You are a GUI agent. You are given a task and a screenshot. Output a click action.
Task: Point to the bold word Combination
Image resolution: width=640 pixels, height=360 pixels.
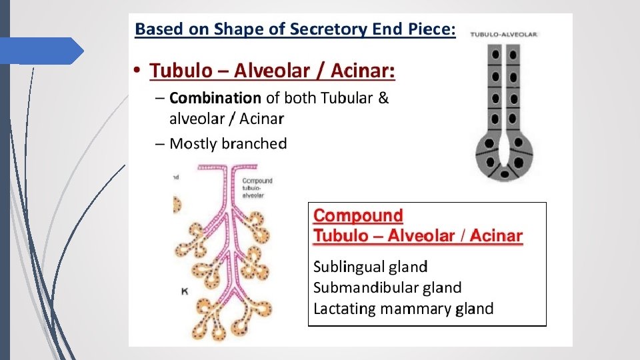215,99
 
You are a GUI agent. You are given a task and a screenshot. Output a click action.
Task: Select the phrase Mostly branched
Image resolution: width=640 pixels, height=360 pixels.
228,143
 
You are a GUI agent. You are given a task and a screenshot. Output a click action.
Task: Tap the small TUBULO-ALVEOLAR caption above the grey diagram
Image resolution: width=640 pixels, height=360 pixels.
505,34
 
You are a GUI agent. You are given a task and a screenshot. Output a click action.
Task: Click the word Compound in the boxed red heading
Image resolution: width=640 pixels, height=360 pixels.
359,216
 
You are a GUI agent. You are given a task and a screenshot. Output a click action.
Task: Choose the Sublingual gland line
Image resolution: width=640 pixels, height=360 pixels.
371,267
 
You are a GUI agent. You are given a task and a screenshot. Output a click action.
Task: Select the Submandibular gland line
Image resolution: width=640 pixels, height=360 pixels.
387,288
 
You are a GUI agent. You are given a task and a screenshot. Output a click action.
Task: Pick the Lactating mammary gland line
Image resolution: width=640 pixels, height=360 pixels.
403,309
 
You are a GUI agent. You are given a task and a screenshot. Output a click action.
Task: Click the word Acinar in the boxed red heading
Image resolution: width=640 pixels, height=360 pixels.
497,235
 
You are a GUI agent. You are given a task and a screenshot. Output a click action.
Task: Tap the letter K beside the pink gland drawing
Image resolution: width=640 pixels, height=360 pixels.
185,291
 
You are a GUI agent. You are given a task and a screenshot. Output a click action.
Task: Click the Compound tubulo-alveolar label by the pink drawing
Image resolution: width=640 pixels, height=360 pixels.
257,188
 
